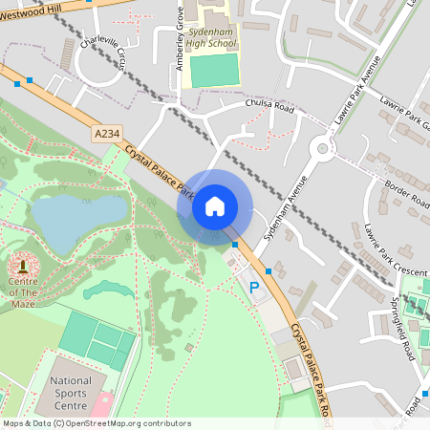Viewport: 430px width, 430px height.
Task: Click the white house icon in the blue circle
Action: pyautogui.click(x=214, y=206)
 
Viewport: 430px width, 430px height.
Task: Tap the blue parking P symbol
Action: pyautogui.click(x=254, y=287)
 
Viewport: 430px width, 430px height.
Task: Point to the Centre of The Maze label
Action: pyautogui.click(x=23, y=288)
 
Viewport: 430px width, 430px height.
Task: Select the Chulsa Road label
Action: pyautogui.click(x=269, y=108)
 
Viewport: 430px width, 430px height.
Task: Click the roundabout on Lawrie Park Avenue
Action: pyautogui.click(x=324, y=148)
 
